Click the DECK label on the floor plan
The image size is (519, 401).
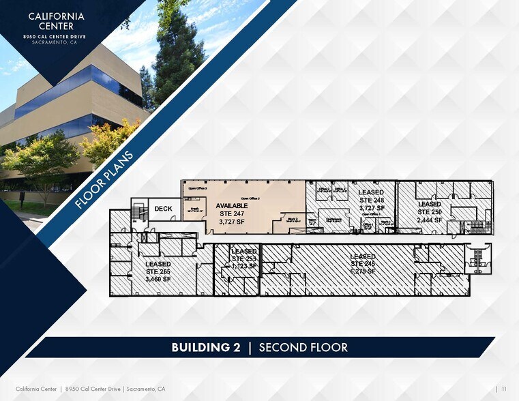point(163,209)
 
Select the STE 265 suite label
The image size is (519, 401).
point(158,271)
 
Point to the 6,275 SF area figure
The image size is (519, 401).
point(363,271)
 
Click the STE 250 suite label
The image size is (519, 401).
point(430,211)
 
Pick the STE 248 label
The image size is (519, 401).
point(372,200)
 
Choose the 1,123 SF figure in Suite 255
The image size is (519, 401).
point(243,266)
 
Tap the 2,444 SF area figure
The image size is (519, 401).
point(430,220)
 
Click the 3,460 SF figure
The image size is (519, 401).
point(158,279)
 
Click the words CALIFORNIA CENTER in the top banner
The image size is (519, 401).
point(56,20)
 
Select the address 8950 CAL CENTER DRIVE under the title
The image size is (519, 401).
point(56,35)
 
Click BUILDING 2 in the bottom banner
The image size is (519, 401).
point(206,348)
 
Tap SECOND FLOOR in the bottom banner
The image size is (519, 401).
point(303,348)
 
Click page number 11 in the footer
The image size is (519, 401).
point(503,389)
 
